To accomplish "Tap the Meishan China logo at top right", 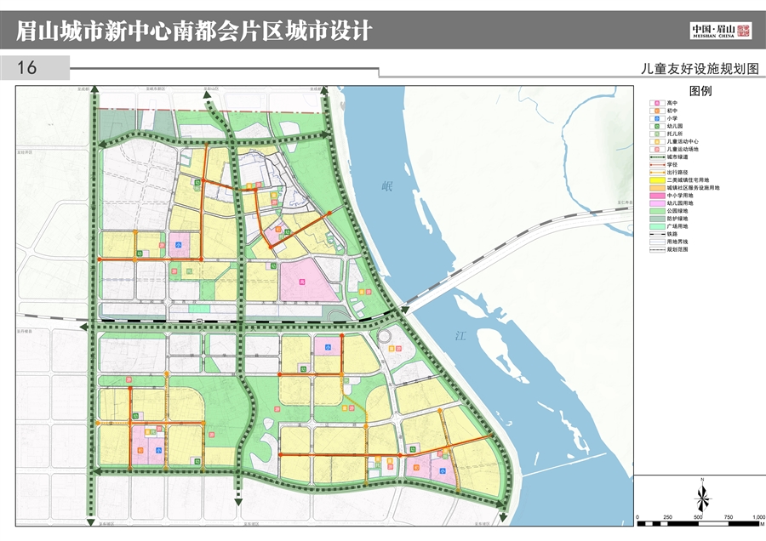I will tap(720, 31).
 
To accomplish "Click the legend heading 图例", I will tap(700, 91).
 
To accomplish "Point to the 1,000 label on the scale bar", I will tap(756, 518).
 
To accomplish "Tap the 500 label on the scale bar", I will tap(698, 518).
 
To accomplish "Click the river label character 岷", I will tap(389, 186).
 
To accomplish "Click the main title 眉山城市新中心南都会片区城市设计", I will tap(195, 31).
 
